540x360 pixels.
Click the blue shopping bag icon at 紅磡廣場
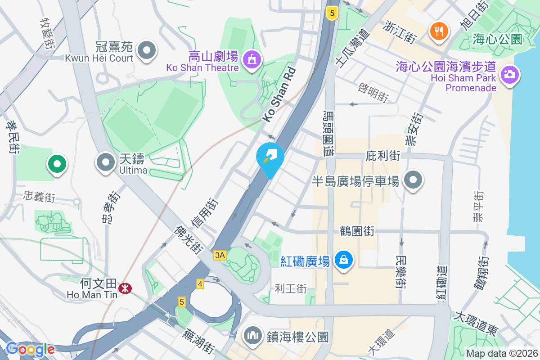point(344,260)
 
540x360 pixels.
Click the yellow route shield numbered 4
point(200,284)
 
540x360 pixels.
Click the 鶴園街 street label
point(357,231)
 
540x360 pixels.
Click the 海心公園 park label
point(497,40)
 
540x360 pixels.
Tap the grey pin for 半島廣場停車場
point(413,180)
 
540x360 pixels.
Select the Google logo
point(30,349)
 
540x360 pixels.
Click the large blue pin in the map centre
point(270,157)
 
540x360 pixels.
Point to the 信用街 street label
point(205,213)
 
